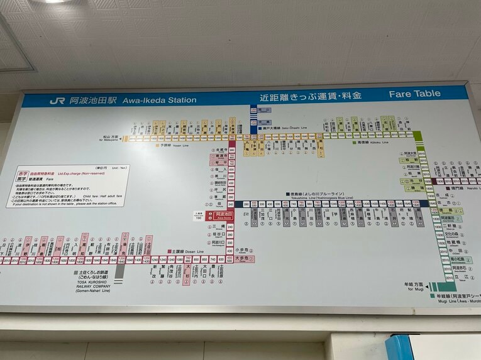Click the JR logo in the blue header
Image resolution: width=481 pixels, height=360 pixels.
pyautogui.click(x=57, y=101)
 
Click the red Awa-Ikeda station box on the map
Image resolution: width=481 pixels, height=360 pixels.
pyautogui.click(x=224, y=215)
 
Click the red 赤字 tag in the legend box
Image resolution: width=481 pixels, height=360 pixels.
pyautogui.click(x=21, y=173)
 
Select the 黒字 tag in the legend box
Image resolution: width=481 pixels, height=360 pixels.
pyautogui.click(x=21, y=179)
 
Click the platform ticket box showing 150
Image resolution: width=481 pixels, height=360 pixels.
pyautogui.click(x=199, y=215)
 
